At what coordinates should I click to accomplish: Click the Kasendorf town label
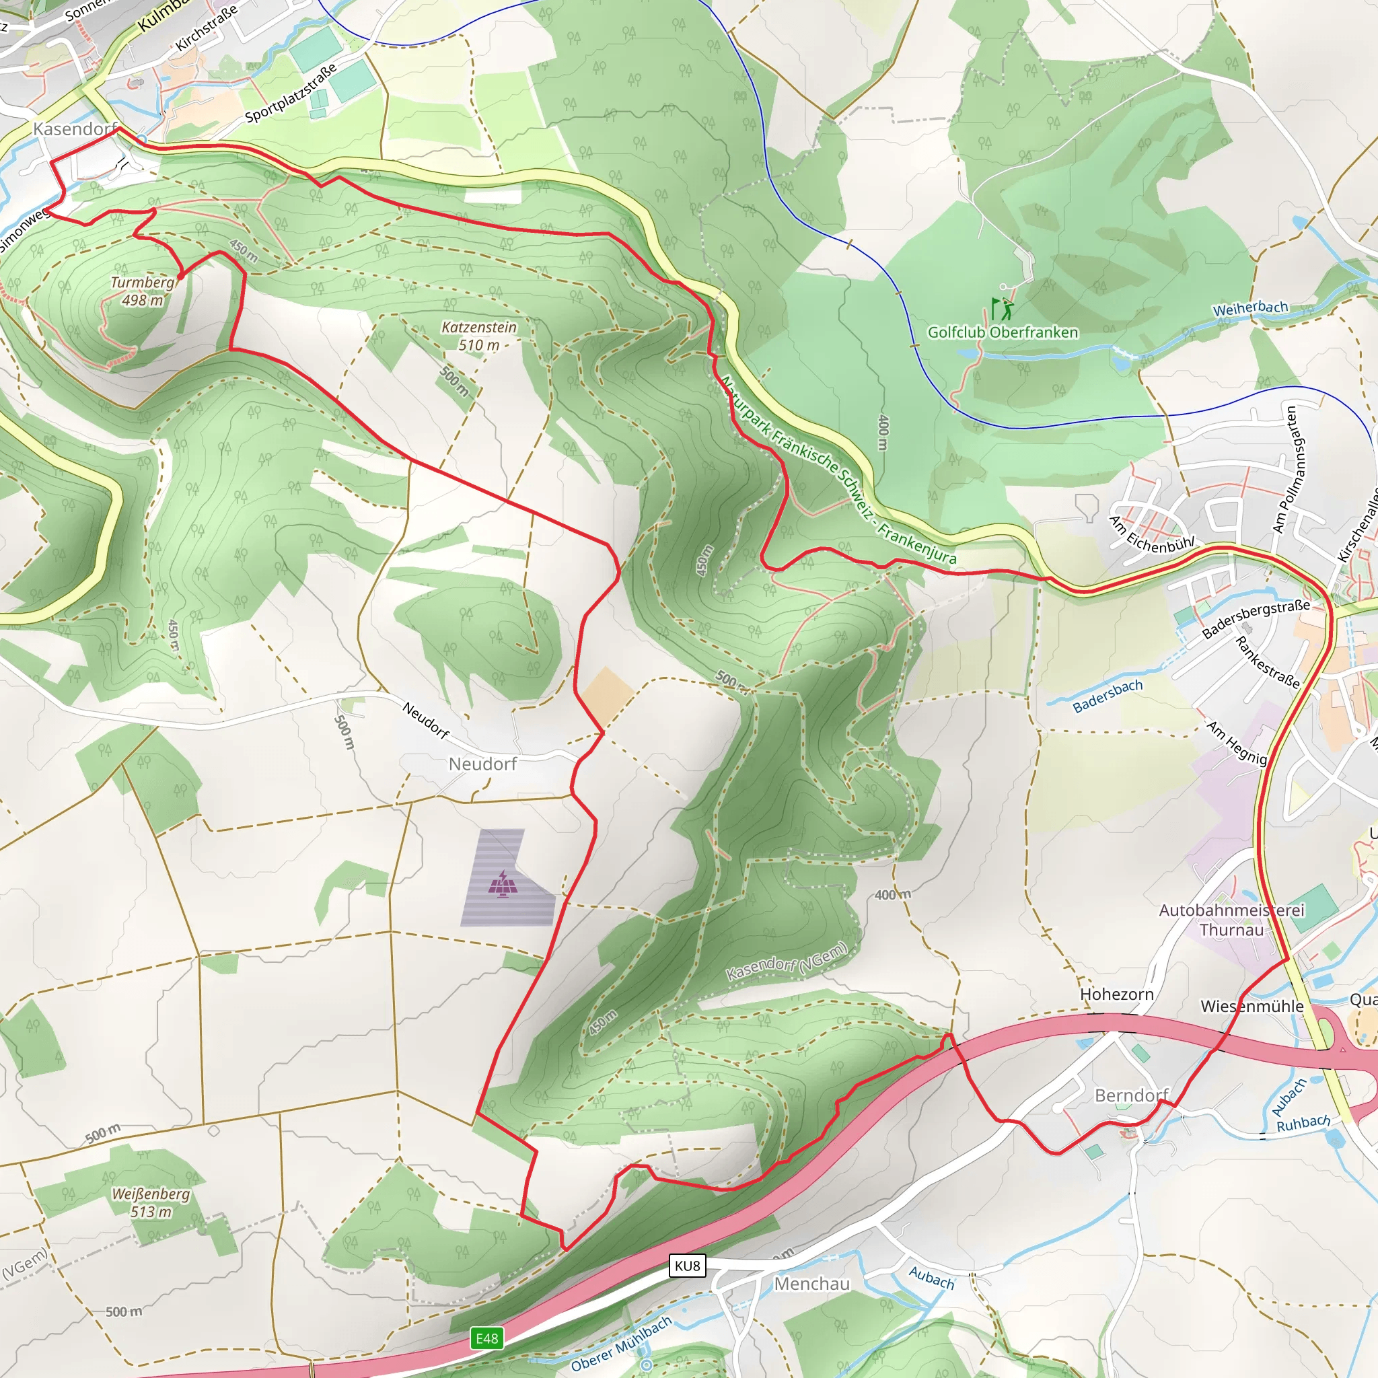click(75, 129)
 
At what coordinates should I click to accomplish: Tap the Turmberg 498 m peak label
click(143, 291)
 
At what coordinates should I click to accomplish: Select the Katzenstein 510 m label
click(478, 336)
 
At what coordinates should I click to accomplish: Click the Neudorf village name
click(482, 764)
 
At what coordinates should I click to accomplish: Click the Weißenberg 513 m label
click(151, 1202)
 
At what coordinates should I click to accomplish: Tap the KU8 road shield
click(688, 1266)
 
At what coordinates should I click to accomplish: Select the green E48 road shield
click(487, 1339)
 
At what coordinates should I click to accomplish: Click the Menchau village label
click(811, 1284)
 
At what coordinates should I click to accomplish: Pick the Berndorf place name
click(1131, 1095)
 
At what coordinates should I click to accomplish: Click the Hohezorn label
click(1116, 994)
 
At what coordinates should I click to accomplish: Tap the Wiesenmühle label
click(1252, 1007)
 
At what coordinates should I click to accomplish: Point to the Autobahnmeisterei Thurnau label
click(1231, 920)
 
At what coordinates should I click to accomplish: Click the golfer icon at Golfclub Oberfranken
click(1002, 309)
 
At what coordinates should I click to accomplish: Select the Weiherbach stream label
click(1250, 308)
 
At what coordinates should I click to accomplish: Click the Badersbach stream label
click(1108, 696)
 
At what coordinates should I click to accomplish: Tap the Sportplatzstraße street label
click(290, 94)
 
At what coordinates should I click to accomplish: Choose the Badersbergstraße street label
click(1256, 619)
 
